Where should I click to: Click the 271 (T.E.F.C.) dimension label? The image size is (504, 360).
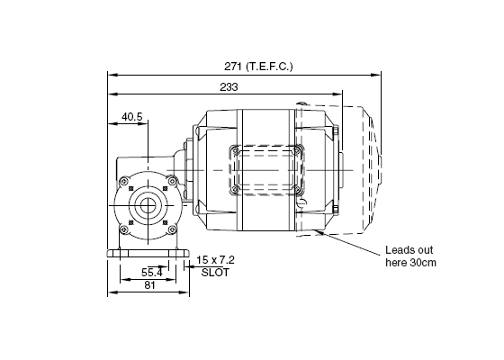pyautogui.click(x=258, y=67)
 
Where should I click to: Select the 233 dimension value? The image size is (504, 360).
pyautogui.click(x=229, y=87)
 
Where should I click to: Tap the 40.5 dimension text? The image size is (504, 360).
pyautogui.click(x=131, y=117)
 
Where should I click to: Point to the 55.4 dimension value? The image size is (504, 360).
pyautogui.click(x=152, y=273)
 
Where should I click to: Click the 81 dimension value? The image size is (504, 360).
pyautogui.click(x=149, y=285)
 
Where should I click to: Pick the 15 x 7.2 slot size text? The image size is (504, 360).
pyautogui.click(x=215, y=260)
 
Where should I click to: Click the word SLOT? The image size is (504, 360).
pyautogui.click(x=215, y=273)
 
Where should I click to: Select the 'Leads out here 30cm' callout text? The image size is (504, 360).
pyautogui.click(x=410, y=256)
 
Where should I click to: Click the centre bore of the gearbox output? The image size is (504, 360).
pyautogui.click(x=148, y=205)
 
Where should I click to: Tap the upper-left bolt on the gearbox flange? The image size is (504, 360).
pyautogui.click(x=123, y=181)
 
